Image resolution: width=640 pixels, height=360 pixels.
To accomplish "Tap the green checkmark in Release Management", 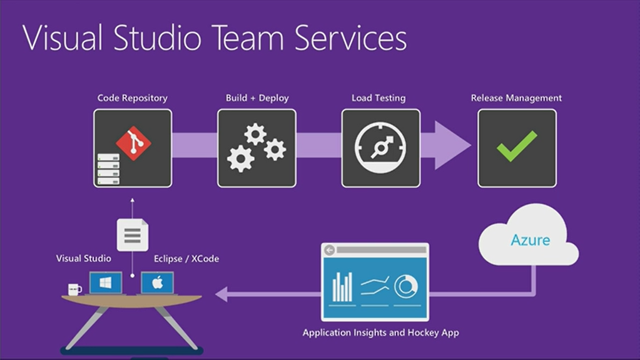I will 517,146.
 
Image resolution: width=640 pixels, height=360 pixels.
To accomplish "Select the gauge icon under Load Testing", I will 380,148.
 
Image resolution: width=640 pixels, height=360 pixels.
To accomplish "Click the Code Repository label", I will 132,98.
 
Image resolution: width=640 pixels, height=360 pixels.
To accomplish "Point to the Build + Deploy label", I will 257,98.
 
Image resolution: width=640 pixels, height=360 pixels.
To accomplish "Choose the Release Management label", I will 516,98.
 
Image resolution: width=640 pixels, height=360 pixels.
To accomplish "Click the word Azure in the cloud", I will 530,240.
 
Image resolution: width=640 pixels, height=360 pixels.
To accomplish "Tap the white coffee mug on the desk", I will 74,289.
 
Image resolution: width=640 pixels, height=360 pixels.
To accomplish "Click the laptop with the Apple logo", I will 157,283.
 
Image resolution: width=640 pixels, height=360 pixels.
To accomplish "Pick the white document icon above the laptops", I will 133,235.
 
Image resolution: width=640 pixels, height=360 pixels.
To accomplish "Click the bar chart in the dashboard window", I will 342,287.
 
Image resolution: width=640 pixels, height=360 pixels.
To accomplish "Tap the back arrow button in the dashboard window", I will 330,250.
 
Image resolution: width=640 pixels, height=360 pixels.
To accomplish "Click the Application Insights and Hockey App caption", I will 380,332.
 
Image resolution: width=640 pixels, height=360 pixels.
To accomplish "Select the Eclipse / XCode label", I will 186,259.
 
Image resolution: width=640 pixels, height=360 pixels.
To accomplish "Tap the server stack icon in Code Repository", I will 108,170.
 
